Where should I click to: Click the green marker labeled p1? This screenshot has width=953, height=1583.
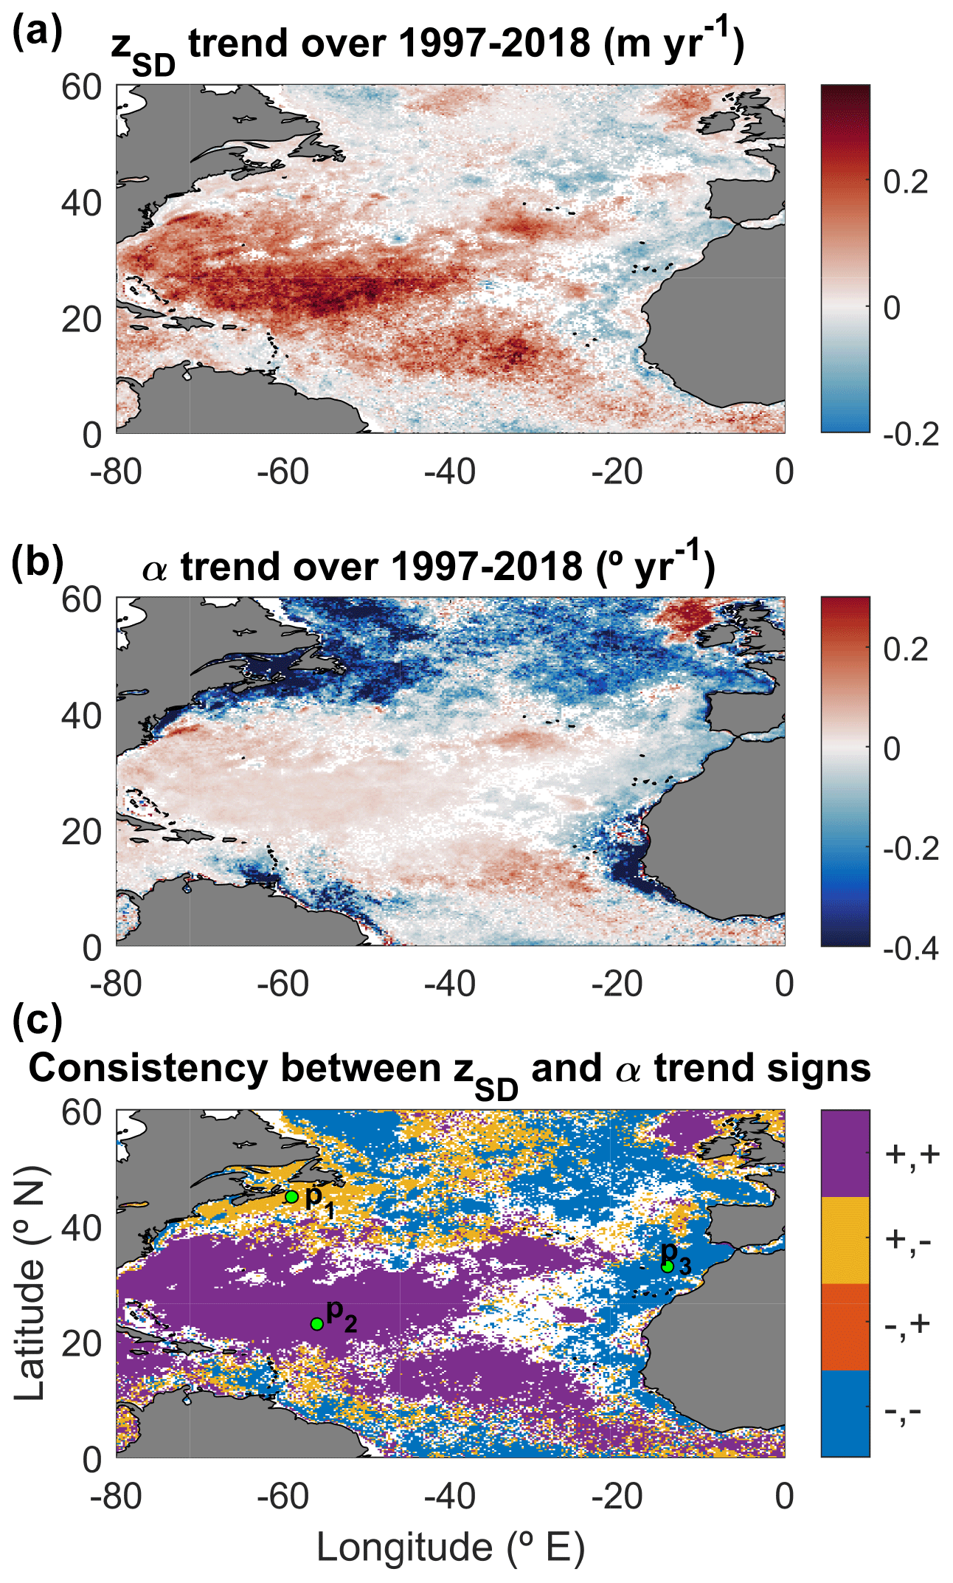coord(291,1196)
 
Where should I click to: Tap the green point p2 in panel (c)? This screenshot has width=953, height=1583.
coord(317,1324)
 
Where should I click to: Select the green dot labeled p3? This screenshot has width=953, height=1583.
coord(668,1266)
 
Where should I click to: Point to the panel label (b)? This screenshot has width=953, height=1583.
coord(37,560)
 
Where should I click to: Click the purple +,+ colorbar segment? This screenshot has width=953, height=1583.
coord(845,1153)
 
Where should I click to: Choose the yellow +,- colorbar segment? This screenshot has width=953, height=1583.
coord(845,1240)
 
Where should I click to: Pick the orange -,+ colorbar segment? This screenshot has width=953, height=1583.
coord(845,1326)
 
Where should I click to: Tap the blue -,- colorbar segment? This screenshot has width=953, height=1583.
coord(845,1413)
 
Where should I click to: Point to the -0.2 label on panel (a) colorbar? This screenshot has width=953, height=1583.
coord(910,435)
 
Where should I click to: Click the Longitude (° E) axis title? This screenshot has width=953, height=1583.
coord(450,1548)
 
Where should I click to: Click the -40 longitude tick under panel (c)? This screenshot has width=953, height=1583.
coord(449,1496)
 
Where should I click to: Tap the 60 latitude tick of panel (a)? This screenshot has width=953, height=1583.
coord(81,88)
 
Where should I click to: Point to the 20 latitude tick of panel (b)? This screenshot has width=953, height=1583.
coord(81,832)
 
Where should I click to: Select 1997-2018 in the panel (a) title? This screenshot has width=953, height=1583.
coord(494,44)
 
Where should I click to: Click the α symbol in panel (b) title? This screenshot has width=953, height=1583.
coord(154,568)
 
